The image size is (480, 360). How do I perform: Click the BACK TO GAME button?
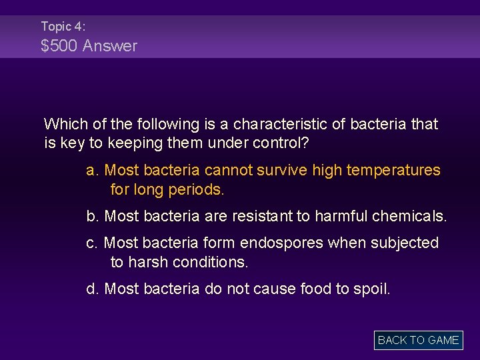[418, 340]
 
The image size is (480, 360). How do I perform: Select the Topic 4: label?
[63, 26]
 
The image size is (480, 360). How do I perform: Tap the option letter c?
[92, 243]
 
